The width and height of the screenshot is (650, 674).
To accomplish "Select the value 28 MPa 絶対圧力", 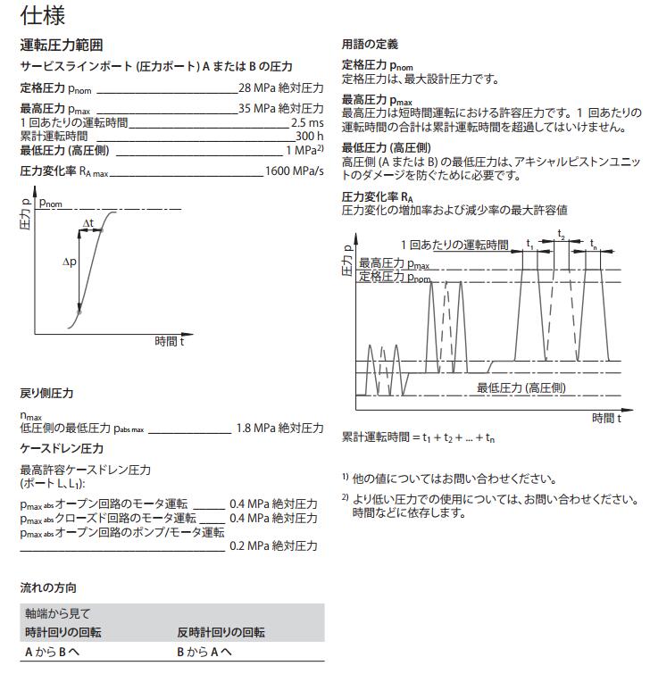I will pyautogui.click(x=280, y=88).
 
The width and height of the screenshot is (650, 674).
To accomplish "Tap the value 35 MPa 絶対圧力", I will pyautogui.click(x=280, y=109).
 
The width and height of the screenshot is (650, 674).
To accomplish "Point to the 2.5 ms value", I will pyautogui.click(x=307, y=122).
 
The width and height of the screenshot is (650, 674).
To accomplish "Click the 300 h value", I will pyautogui.click(x=309, y=136).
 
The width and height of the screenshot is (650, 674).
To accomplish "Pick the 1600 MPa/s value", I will pyautogui.click(x=294, y=171).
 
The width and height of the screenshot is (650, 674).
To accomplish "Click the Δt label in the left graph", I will pyautogui.click(x=89, y=223).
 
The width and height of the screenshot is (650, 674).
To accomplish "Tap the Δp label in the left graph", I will pyautogui.click(x=71, y=263).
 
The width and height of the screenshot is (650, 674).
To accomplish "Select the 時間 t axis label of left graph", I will pyautogui.click(x=169, y=341).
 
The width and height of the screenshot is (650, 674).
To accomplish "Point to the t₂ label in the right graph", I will pyautogui.click(x=562, y=234).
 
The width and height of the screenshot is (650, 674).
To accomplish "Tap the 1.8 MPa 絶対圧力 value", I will pyautogui.click(x=279, y=429).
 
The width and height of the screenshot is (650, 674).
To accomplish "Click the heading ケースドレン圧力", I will pyautogui.click(x=62, y=448).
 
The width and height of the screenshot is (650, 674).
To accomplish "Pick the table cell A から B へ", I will pyautogui.click(x=52, y=653).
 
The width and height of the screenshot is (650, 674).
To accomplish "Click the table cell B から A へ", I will pyautogui.click(x=204, y=653).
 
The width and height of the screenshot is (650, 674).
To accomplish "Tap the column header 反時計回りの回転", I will pyautogui.click(x=221, y=633).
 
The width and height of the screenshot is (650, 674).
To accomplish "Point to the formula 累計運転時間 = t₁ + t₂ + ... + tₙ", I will pyautogui.click(x=418, y=437).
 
